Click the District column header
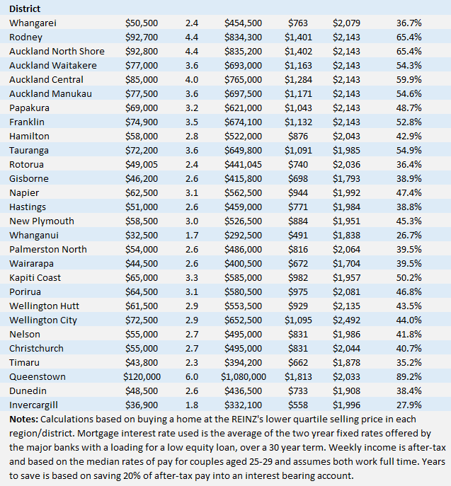[25, 8]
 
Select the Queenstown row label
[37, 376]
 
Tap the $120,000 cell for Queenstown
[142, 376]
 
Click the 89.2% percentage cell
[409, 376]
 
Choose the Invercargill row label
[36, 405]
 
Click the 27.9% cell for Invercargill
[409, 405]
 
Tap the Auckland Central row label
[46, 79]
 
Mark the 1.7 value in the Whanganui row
[192, 235]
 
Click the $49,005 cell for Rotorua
[142, 164]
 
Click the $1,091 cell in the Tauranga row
[298, 150]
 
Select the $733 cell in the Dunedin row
[298, 390]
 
